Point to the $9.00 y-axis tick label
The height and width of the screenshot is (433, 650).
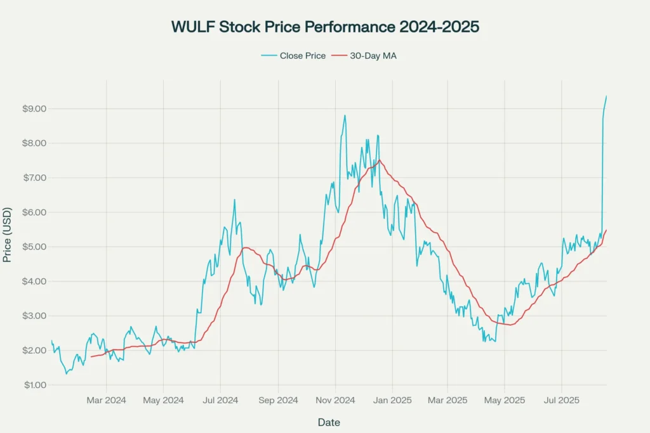pyautogui.click(x=34, y=108)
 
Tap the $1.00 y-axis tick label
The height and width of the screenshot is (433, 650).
pyautogui.click(x=34, y=385)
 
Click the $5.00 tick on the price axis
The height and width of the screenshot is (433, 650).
pyautogui.click(x=34, y=247)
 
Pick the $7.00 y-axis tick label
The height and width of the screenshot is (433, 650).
pyautogui.click(x=34, y=178)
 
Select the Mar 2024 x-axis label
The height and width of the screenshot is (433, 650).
pyautogui.click(x=106, y=401)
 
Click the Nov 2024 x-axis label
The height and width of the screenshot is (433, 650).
pyautogui.click(x=335, y=401)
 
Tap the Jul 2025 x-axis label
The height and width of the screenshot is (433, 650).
pyautogui.click(x=562, y=401)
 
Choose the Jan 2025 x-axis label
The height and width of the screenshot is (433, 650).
pyautogui.click(x=392, y=401)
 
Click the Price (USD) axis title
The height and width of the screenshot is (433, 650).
pyautogui.click(x=8, y=234)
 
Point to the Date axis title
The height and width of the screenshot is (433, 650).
pyautogui.click(x=328, y=422)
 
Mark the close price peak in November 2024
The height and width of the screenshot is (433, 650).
pyautogui.click(x=345, y=115)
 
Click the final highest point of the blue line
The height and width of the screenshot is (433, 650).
pyautogui.click(x=606, y=96)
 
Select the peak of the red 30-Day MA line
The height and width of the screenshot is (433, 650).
pyautogui.click(x=380, y=160)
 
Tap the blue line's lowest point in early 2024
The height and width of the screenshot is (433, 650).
pyautogui.click(x=66, y=373)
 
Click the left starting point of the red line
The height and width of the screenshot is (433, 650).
pyautogui.click(x=91, y=357)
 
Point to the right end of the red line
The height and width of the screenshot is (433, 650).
pyautogui.click(x=606, y=230)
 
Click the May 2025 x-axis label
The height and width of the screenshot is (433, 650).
pyautogui.click(x=505, y=401)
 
